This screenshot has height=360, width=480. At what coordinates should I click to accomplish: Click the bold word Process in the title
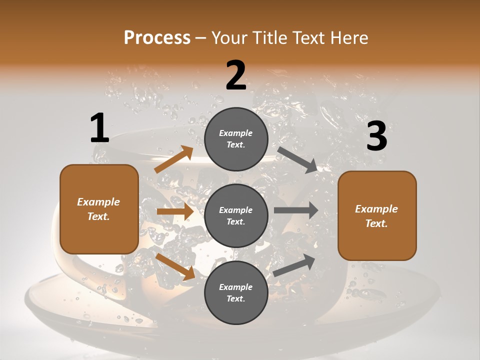pos(157,38)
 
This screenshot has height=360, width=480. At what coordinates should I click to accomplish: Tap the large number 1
pos(99,128)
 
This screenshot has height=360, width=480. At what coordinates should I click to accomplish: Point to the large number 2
pos(236,75)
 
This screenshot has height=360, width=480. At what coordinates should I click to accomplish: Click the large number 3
pos(376,136)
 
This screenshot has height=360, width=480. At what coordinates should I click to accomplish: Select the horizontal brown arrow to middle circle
pos(175,211)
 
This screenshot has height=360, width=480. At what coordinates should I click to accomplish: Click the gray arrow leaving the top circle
pos(297,159)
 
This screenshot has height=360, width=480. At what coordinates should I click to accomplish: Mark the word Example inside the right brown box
pos(376,209)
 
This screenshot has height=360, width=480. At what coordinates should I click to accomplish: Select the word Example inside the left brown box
pos(98,202)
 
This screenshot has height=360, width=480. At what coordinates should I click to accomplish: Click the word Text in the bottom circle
pos(235,298)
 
